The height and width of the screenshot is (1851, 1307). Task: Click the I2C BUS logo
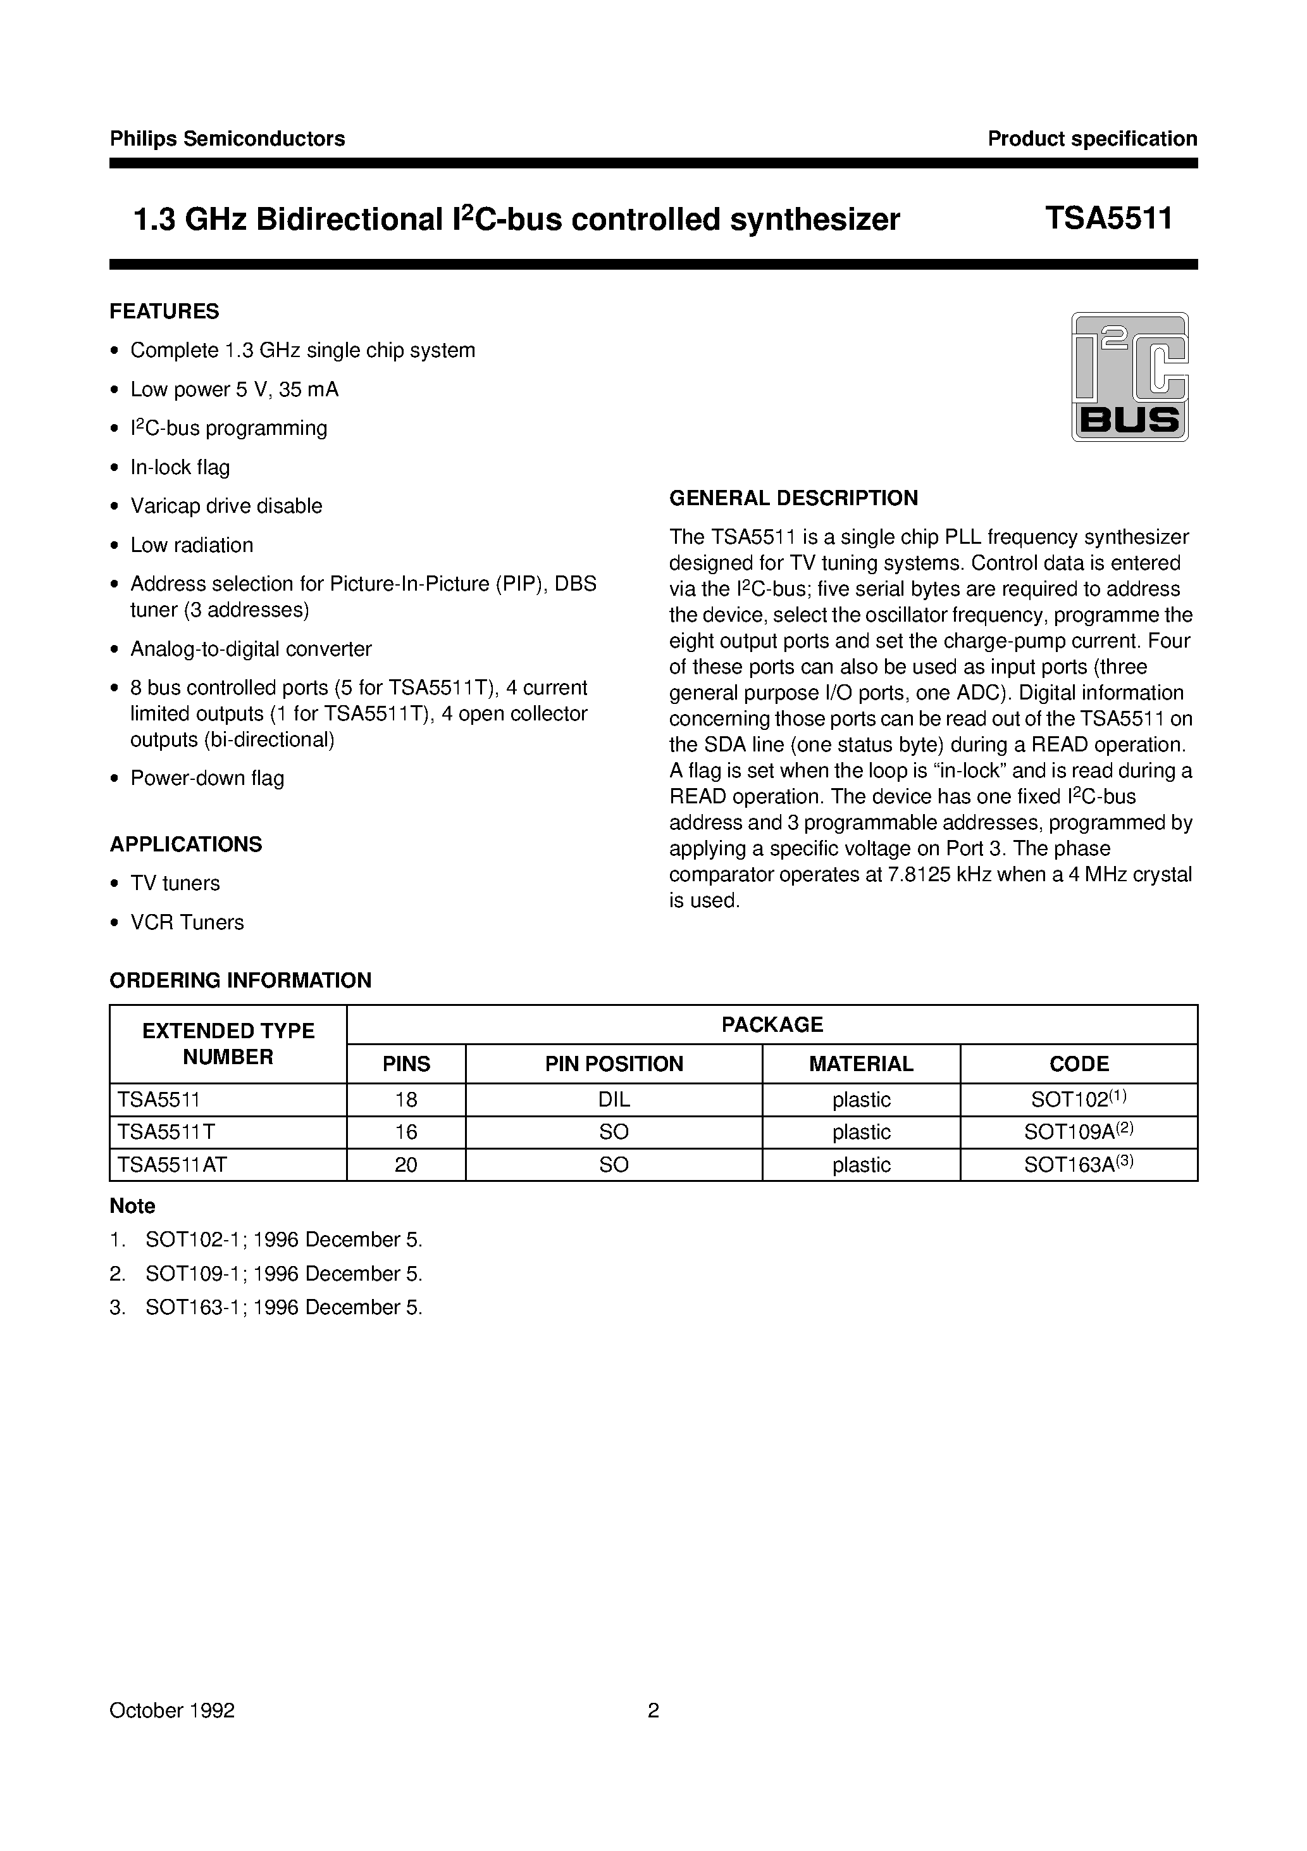(x=1129, y=377)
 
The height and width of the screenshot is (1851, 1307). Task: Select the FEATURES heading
(x=164, y=311)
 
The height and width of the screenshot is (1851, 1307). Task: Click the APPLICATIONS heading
(x=185, y=844)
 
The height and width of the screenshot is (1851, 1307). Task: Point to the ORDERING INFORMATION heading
(x=240, y=981)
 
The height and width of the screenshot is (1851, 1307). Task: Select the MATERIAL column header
(x=860, y=1064)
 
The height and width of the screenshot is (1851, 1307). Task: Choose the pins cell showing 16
(x=406, y=1132)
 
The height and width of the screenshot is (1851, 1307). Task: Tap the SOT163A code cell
(x=1078, y=1164)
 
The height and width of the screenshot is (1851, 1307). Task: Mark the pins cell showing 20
(x=406, y=1164)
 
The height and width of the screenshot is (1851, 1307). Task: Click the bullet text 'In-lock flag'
(x=180, y=468)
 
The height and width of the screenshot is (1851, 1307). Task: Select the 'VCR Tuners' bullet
(x=187, y=922)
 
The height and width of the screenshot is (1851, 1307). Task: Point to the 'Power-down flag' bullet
(x=207, y=779)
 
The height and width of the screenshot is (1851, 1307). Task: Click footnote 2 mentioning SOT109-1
(x=283, y=1274)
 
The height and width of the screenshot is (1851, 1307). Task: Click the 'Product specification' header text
(x=1092, y=139)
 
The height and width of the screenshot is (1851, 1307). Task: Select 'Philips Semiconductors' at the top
(x=227, y=139)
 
